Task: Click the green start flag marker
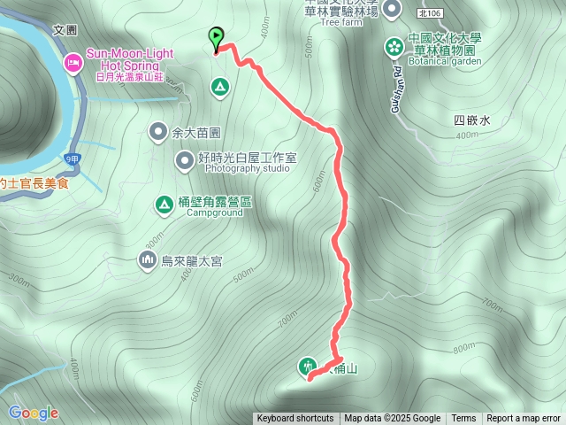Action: [217, 38]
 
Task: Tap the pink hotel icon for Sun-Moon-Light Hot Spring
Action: [73, 63]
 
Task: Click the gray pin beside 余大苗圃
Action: [158, 132]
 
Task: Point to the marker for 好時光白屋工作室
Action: [184, 160]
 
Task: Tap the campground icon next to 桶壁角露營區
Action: [164, 205]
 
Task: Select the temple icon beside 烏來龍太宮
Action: [147, 260]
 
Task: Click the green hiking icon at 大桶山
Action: [308, 365]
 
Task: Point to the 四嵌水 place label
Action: [471, 120]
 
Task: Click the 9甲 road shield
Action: [72, 158]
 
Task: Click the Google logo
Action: [33, 413]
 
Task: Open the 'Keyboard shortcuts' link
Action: [295, 419]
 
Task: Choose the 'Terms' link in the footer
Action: [463, 419]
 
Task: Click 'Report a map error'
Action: [524, 419]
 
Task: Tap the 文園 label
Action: [65, 30]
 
